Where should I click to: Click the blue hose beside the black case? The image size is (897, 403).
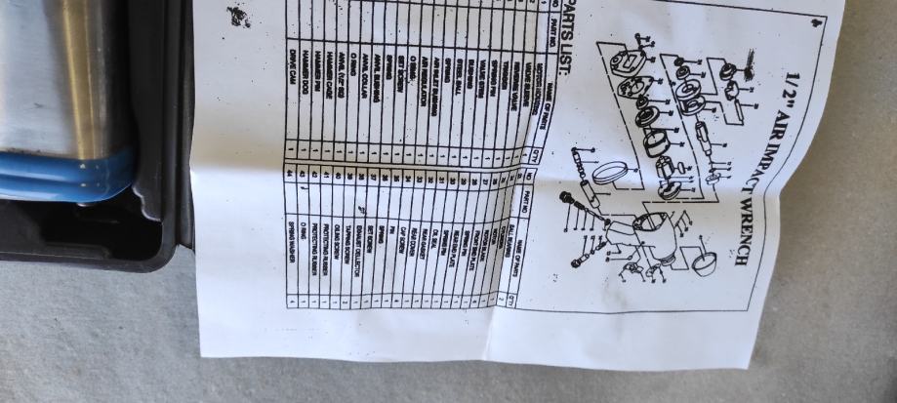(x=59, y=171)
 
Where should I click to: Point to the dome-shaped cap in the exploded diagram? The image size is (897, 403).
(x=702, y=262)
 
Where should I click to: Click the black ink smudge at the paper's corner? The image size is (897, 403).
(x=236, y=16)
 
